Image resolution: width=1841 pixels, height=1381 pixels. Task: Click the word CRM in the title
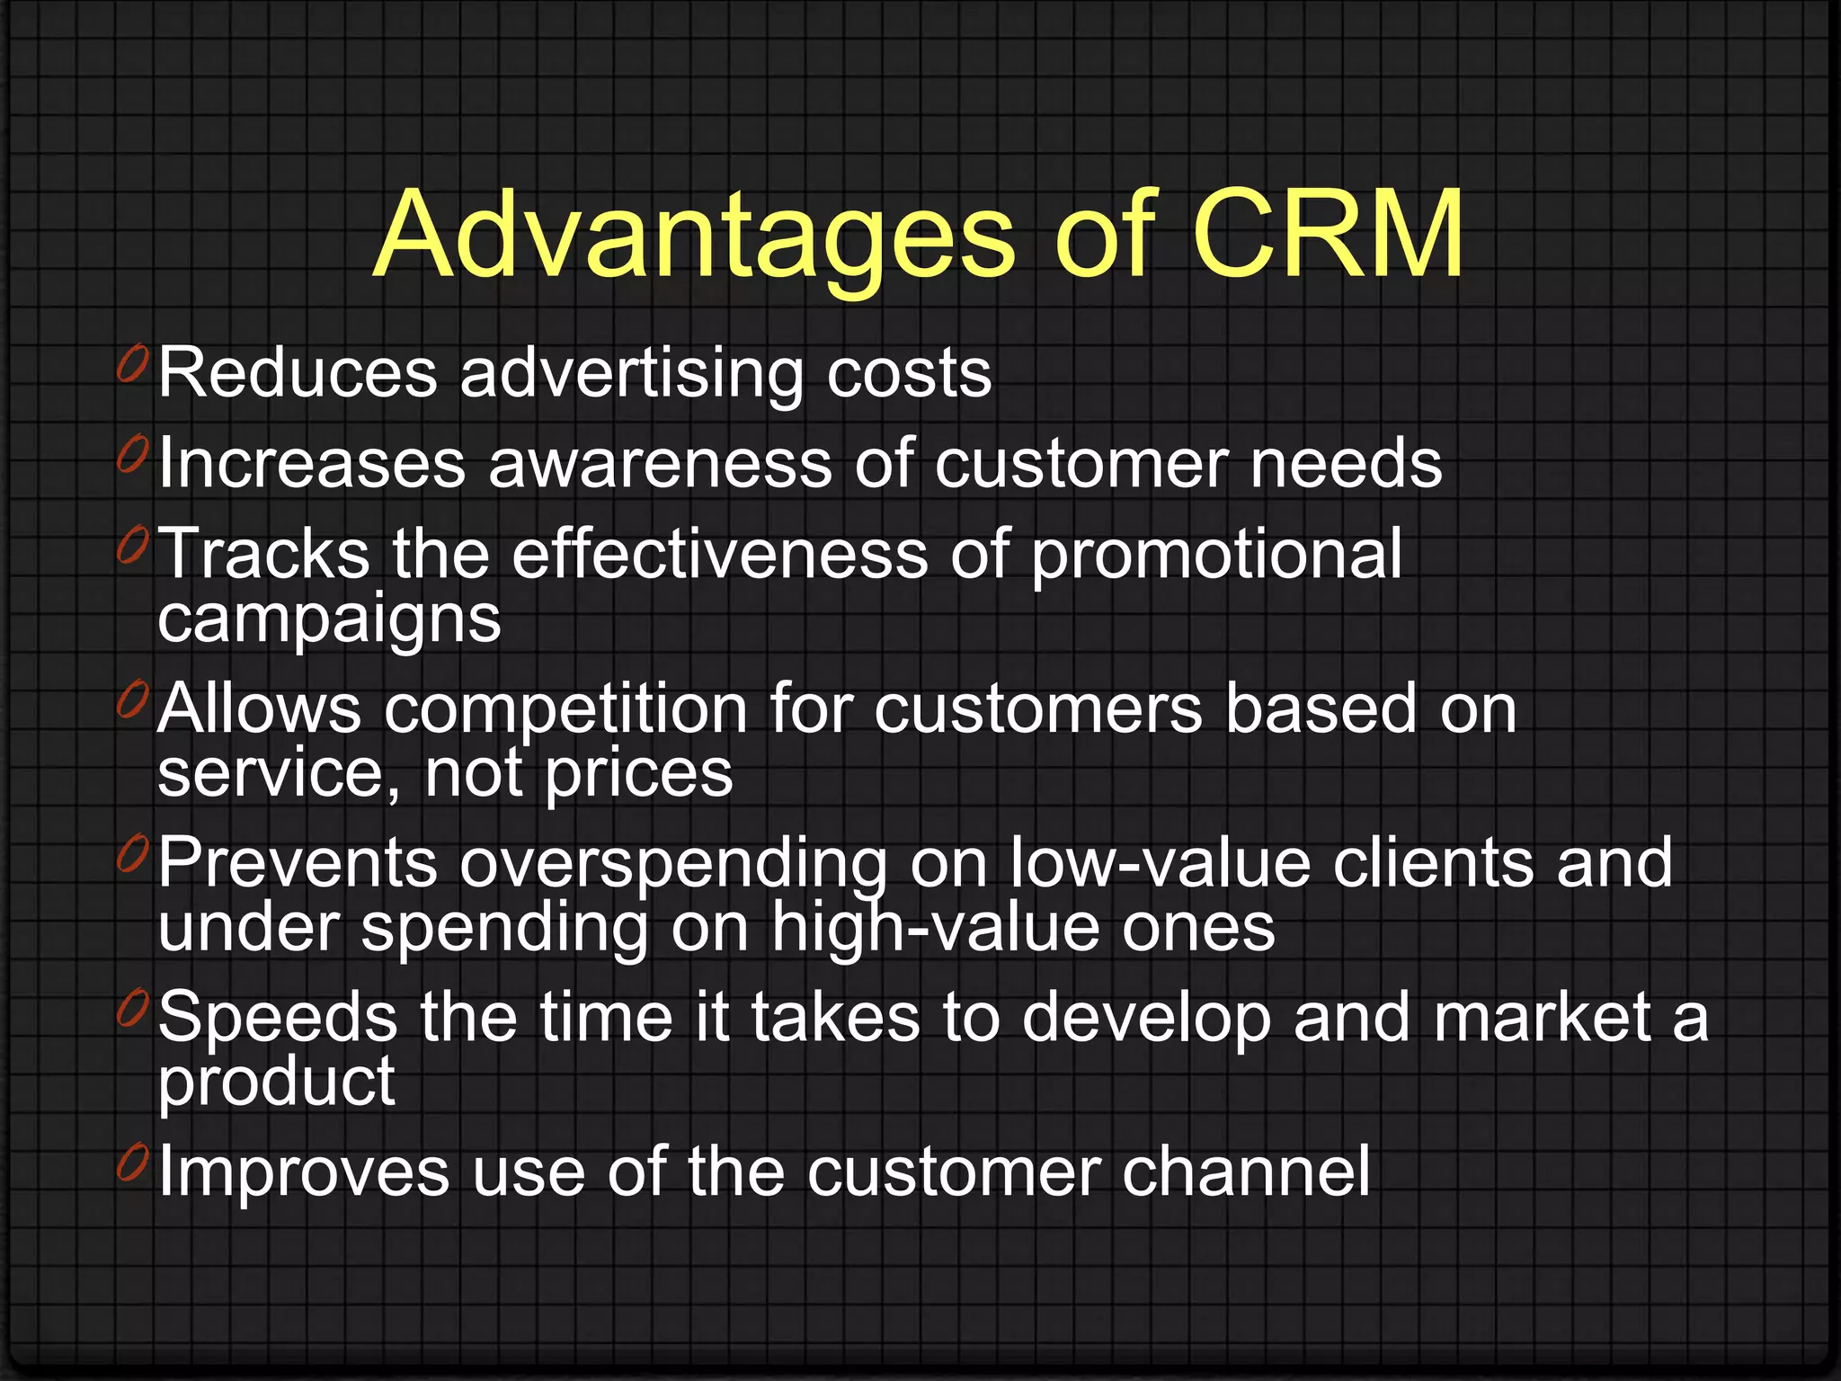1329,236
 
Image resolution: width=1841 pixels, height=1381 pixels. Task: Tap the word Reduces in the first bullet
298,373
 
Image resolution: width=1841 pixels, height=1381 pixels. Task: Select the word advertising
631,373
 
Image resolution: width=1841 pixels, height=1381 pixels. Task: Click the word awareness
660,465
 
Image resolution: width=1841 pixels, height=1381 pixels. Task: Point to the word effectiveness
719,555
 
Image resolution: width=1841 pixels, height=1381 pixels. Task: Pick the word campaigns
329,620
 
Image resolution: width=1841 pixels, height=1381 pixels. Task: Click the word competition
566,709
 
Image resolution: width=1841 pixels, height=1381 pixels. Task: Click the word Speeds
278,1018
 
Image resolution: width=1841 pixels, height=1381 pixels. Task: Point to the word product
276,1083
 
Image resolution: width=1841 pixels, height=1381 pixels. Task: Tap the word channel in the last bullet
1245,1172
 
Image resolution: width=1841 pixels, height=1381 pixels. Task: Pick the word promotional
1215,555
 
